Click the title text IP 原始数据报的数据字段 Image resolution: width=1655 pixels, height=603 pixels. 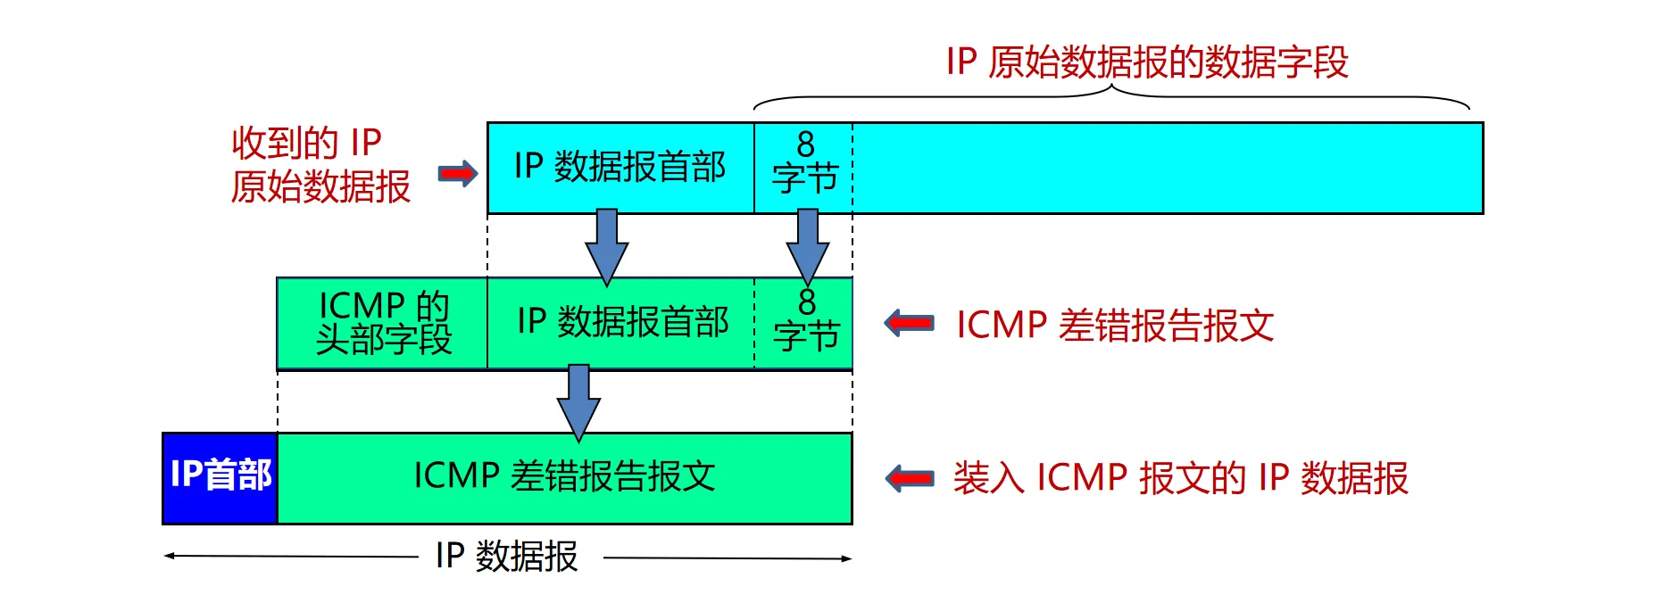click(1146, 62)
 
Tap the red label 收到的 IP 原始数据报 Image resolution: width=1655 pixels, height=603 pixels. click(320, 165)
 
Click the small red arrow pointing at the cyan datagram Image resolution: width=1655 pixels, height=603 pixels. click(458, 173)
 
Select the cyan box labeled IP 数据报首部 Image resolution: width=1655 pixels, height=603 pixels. click(620, 168)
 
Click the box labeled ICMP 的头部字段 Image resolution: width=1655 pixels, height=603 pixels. click(383, 323)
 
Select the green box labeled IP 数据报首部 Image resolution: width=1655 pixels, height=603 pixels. click(621, 323)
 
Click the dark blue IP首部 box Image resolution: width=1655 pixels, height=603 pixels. click(220, 477)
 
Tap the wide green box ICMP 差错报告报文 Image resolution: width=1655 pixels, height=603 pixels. click(564, 477)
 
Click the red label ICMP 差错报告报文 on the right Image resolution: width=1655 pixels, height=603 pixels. click(1114, 325)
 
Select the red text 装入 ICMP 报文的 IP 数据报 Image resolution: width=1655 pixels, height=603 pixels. click(1180, 478)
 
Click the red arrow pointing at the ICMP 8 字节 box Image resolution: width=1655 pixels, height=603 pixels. click(909, 323)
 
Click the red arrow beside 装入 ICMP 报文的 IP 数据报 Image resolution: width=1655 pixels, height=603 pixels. click(909, 478)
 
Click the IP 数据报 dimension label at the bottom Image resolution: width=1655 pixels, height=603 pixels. click(506, 557)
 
